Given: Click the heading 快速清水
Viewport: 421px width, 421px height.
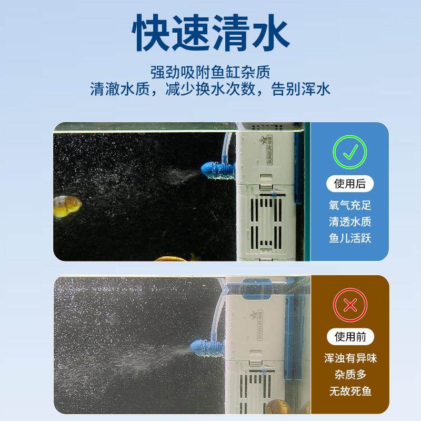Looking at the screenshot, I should click(210, 33).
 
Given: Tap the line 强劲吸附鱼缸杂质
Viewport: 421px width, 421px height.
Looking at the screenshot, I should click(210, 72).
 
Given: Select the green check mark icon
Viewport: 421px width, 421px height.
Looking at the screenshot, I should click(349, 152).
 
